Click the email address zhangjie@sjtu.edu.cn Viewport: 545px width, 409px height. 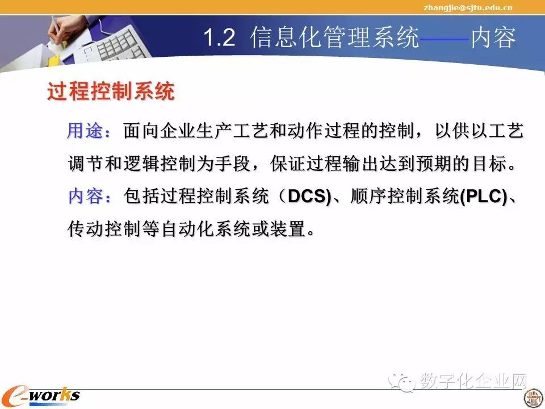[468, 7]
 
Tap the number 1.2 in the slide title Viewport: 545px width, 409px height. [219, 37]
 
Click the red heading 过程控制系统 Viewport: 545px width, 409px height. [111, 91]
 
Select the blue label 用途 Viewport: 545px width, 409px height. [85, 131]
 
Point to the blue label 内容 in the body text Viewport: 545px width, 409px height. [86, 196]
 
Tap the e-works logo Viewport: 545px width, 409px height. [41, 397]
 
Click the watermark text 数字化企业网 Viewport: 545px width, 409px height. [473, 381]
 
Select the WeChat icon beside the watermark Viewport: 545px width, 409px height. [402, 382]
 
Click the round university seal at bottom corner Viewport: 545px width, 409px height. [534, 398]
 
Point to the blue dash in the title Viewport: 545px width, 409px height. [445, 39]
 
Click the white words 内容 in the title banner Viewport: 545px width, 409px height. [493, 37]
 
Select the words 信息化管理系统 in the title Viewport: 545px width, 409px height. [334, 37]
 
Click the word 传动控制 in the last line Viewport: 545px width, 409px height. [103, 229]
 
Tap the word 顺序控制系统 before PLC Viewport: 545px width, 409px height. [405, 196]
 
